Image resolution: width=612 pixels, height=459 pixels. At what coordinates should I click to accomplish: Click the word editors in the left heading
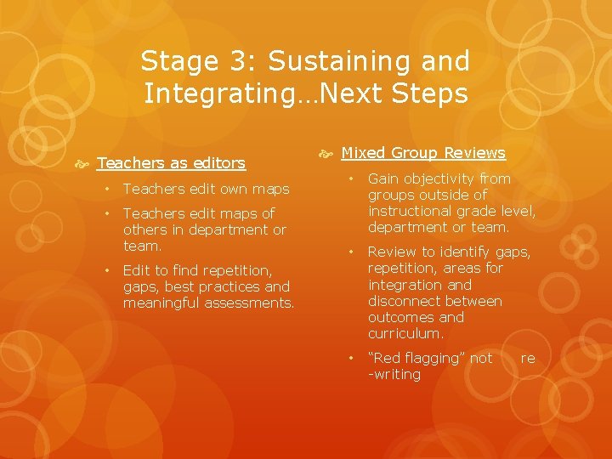click(218, 162)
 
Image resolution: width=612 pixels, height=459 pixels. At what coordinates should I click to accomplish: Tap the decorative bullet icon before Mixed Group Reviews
click(326, 153)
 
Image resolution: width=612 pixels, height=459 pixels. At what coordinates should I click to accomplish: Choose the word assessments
click(252, 303)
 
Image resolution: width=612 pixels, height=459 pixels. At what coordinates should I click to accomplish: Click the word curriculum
click(405, 333)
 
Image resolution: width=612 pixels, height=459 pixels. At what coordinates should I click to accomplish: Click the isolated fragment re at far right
click(528, 359)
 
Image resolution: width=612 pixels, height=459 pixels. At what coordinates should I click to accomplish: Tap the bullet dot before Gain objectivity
click(350, 178)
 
